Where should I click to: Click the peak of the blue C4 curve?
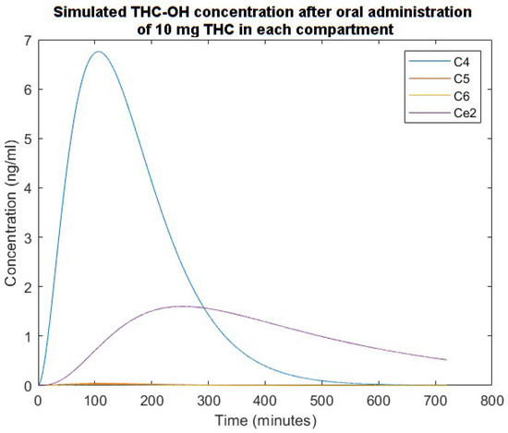[99, 52]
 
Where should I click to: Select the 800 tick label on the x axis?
[492, 400]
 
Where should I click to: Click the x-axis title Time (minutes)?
[264, 419]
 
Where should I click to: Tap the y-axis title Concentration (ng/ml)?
[11, 212]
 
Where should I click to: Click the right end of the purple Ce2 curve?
[446, 359]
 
